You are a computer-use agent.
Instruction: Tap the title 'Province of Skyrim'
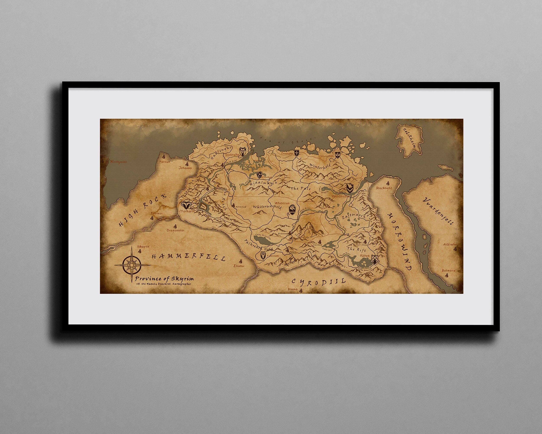point(164,279)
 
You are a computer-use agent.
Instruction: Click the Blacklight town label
point(384,188)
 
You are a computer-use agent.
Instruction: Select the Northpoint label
point(118,162)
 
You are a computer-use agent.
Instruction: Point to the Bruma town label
point(293,289)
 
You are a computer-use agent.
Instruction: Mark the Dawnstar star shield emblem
point(297,153)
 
